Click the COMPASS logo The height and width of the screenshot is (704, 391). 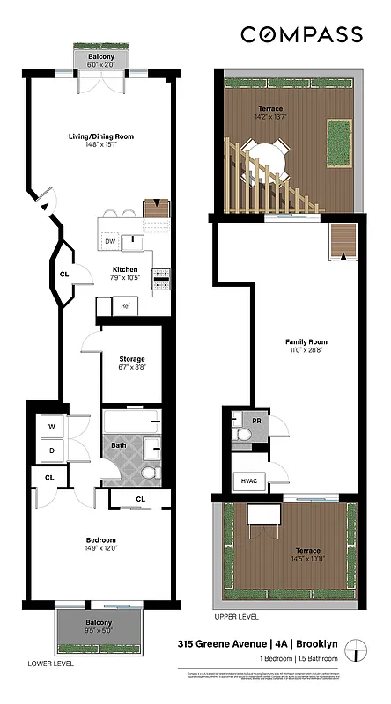(302, 34)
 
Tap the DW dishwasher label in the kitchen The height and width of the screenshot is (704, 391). (110, 241)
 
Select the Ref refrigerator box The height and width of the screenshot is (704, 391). (125, 306)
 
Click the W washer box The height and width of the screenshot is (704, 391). (52, 427)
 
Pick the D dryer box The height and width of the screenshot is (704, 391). (52, 451)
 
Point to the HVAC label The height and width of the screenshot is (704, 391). (247, 480)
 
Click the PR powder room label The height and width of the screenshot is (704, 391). (256, 422)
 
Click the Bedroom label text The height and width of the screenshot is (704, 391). (100, 539)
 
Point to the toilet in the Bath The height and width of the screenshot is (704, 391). (148, 475)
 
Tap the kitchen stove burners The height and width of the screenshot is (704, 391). (161, 279)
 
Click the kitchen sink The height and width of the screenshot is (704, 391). (136, 240)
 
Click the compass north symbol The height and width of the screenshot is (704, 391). (357, 654)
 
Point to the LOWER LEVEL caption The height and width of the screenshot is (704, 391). (50, 663)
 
